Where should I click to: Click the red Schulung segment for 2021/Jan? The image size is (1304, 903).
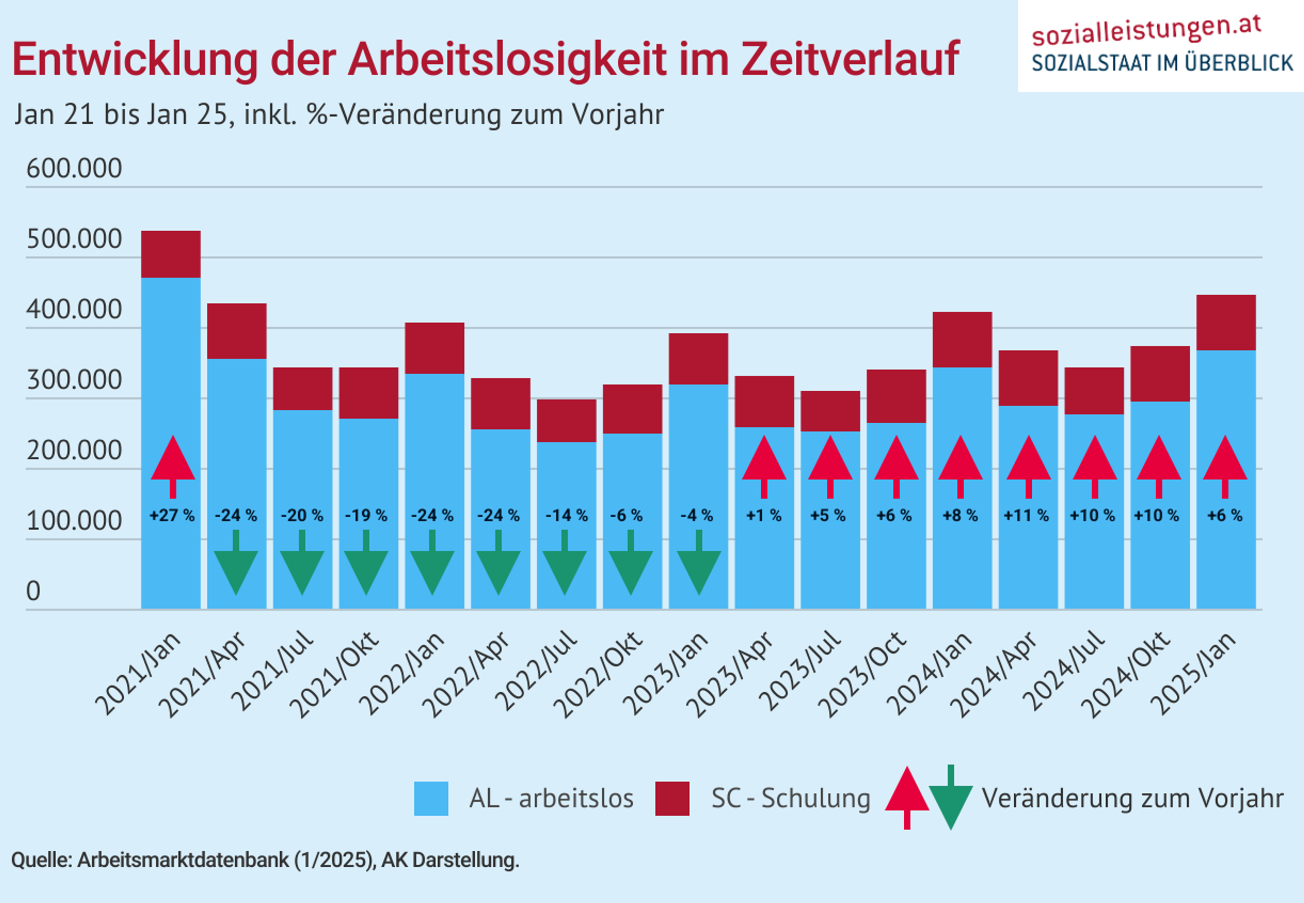click(x=171, y=254)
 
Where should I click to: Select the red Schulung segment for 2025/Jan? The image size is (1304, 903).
click(x=1226, y=322)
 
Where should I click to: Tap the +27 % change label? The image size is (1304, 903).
click(x=172, y=515)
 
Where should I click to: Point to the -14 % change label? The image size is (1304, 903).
click(x=566, y=515)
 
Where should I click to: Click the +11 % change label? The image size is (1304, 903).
click(x=1026, y=515)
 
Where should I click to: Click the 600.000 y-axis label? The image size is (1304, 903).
click(x=74, y=168)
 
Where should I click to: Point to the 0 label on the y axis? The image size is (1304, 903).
click(x=33, y=591)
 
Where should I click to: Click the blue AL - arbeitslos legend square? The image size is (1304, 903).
click(x=431, y=798)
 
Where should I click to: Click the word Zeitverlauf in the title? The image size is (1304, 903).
click(x=850, y=58)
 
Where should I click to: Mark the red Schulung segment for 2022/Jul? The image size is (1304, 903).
click(x=566, y=420)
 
